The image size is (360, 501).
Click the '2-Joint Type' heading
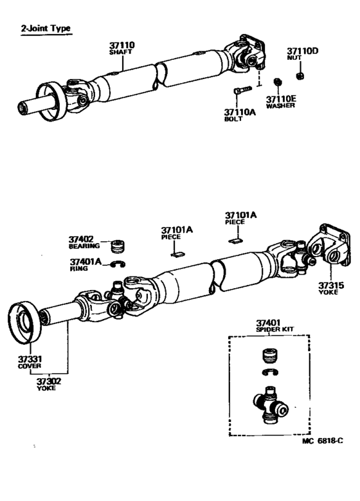pyautogui.click(x=46, y=29)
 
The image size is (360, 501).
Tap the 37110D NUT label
pyautogui.click(x=302, y=54)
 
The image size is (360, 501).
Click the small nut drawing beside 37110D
pyautogui.click(x=300, y=77)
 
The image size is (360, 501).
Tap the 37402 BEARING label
pyautogui.click(x=85, y=242)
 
